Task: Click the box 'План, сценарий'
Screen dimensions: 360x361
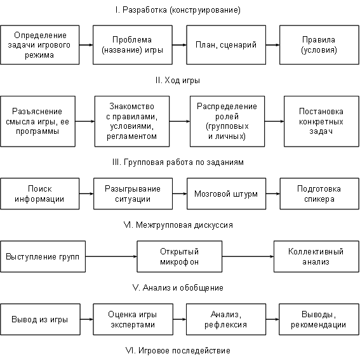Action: click(226, 45)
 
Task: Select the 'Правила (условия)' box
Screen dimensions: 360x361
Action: click(319, 45)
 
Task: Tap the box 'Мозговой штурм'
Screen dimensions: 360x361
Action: click(226, 194)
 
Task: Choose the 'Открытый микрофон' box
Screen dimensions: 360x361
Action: click(180, 256)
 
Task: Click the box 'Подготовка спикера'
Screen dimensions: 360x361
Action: click(319, 194)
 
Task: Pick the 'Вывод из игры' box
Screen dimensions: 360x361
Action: click(41, 319)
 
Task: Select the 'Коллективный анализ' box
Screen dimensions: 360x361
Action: click(316, 256)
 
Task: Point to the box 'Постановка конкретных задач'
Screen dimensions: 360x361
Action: click(321, 121)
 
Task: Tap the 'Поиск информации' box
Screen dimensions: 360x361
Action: click(40, 194)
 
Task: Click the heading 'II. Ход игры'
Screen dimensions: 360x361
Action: click(178, 81)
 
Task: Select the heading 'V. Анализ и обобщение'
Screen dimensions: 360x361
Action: click(178, 287)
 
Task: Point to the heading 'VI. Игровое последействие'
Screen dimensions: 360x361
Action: click(178, 350)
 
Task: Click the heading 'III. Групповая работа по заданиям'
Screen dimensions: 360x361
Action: click(178, 162)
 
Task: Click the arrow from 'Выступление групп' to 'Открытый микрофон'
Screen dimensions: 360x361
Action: click(111, 256)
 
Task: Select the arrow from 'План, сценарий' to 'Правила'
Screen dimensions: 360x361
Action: click(272, 45)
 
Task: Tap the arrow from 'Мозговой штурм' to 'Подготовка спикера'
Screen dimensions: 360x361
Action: click(273, 194)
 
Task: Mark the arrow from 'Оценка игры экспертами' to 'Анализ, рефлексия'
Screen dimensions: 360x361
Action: click(180, 319)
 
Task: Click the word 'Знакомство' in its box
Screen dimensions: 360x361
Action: click(132, 107)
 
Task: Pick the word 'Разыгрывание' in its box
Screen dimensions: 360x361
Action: click(133, 189)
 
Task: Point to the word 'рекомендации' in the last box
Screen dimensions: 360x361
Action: click(318, 325)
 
